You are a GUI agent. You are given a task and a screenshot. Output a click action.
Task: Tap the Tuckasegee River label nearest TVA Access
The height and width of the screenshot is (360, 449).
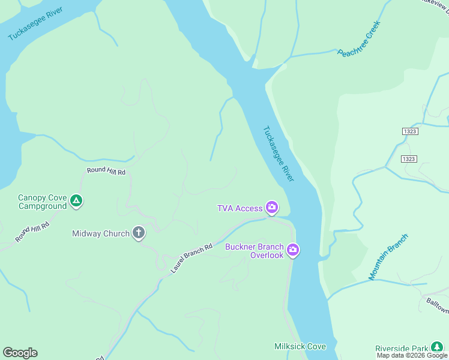279,153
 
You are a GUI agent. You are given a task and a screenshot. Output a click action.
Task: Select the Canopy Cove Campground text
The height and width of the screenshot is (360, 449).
42,202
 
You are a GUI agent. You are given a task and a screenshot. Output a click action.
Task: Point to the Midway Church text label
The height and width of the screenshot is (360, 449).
101,233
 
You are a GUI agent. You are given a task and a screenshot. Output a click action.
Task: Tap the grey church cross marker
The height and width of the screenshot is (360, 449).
139,233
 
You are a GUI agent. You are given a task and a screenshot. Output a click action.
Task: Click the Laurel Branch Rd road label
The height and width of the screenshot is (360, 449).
191,258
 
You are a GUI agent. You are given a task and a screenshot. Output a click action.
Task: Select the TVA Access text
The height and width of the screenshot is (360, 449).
240,208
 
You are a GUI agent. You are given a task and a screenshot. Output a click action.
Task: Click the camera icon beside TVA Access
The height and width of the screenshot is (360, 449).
272,208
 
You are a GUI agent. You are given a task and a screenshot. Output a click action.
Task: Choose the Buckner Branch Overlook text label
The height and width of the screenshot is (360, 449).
254,251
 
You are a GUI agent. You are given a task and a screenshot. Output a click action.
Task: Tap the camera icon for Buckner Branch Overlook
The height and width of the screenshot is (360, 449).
292,250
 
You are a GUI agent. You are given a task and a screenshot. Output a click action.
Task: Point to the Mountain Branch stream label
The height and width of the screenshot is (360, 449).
388,257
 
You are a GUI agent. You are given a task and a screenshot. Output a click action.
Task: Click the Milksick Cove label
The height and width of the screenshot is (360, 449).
300,347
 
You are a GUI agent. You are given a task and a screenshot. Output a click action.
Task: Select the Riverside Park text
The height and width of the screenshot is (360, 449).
402,348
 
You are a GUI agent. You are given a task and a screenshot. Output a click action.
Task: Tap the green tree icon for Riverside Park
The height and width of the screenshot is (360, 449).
437,347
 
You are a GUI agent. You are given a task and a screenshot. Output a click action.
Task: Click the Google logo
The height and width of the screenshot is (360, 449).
20,353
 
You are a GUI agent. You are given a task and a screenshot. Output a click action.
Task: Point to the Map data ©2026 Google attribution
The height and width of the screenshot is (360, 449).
412,356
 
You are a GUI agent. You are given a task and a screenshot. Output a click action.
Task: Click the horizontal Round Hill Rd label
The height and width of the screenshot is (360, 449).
106,172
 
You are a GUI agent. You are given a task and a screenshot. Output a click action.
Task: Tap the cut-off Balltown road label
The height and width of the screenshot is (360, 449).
437,303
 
